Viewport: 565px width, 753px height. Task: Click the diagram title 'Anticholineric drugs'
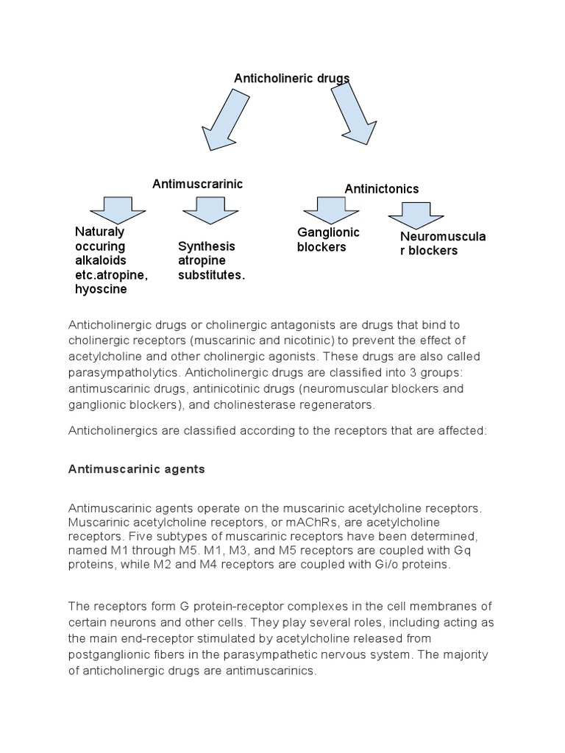[291, 78]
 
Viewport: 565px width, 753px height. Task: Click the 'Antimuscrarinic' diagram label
[197, 183]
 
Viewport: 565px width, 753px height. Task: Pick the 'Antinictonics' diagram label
[382, 189]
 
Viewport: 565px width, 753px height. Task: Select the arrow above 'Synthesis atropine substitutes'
[210, 210]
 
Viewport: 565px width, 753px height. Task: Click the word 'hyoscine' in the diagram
[101, 289]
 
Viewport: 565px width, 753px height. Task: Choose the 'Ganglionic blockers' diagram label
[328, 240]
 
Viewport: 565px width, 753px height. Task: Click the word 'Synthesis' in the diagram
[207, 246]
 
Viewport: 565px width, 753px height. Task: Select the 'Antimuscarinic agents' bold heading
[136, 468]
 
